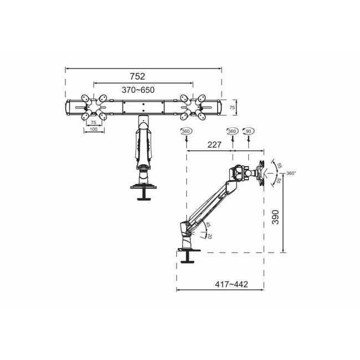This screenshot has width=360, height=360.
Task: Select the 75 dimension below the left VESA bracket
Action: tap(93, 122)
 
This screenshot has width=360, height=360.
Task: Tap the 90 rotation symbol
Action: tap(248, 131)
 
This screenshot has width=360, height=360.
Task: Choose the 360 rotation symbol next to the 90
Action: tap(232, 131)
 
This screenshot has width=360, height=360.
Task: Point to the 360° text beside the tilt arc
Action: tap(292, 173)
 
